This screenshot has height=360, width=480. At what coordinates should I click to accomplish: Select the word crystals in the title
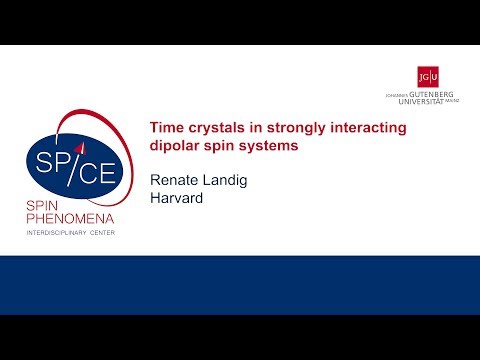tap(214, 128)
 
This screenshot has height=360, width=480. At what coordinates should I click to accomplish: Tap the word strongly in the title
tap(293, 128)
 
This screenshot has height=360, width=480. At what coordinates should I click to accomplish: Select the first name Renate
tap(175, 180)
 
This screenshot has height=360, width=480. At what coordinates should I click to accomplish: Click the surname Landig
tap(232, 180)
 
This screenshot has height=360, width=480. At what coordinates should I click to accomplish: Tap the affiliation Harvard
tap(178, 198)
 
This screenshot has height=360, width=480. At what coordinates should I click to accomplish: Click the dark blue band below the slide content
tap(240, 284)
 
